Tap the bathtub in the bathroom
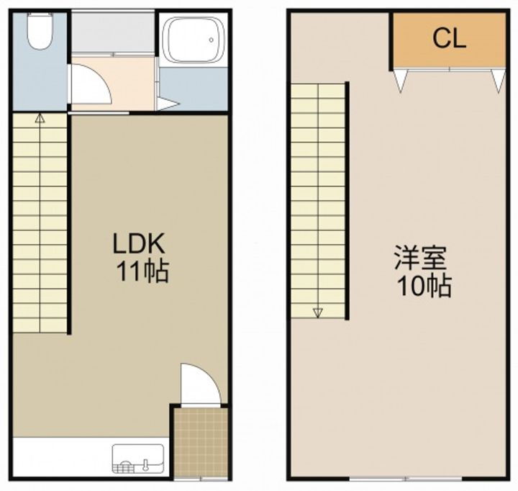[192, 41]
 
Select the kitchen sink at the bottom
[138, 459]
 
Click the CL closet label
[449, 38]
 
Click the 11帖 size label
[143, 272]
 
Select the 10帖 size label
[425, 287]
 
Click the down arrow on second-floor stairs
[317, 312]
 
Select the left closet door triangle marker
[401, 81]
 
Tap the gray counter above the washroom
[114, 32]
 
